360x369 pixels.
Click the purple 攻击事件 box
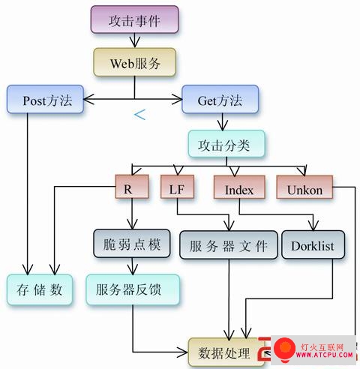click(x=134, y=19)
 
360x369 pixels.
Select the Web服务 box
click(x=135, y=62)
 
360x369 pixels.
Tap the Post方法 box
click(x=45, y=99)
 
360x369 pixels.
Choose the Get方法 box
click(x=220, y=99)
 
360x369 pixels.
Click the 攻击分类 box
click(x=226, y=144)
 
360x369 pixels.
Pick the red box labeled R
click(x=132, y=187)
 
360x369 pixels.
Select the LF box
click(x=177, y=187)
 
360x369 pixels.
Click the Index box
click(x=239, y=187)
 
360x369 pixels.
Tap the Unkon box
click(x=304, y=187)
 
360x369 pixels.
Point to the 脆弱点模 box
click(x=132, y=243)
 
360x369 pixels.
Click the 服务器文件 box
click(x=229, y=244)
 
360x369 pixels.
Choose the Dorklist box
click(x=313, y=244)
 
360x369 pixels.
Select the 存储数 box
click(x=40, y=289)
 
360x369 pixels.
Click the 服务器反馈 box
click(x=133, y=289)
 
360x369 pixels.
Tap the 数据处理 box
click(x=223, y=352)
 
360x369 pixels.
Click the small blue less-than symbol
click(x=139, y=115)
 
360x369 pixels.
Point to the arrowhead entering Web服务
click(x=135, y=43)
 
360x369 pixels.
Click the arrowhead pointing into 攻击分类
click(x=223, y=125)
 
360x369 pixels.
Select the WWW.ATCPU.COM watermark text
click(x=324, y=355)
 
